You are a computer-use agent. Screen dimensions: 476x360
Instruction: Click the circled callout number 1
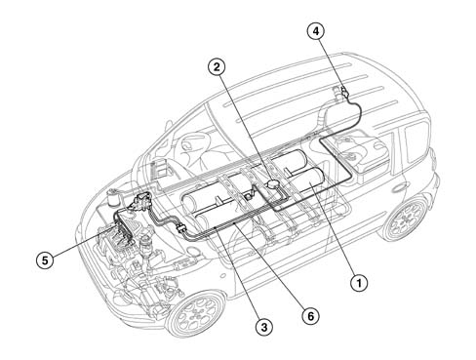[359, 283]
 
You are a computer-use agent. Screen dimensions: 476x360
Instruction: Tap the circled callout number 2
[217, 67]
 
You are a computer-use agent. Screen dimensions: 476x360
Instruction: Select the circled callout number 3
[263, 327]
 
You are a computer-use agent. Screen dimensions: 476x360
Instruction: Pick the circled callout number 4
[316, 31]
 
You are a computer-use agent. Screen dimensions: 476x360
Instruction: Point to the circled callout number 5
[45, 260]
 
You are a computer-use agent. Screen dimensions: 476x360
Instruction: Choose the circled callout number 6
[310, 316]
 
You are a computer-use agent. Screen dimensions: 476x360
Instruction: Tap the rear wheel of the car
[407, 217]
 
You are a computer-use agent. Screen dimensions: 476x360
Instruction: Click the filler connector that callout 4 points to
[344, 92]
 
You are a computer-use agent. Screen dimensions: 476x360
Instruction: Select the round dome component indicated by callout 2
[272, 183]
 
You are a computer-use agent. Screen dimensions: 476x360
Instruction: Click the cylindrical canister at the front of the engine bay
[113, 198]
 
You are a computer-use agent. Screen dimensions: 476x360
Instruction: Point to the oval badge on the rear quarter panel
[399, 188]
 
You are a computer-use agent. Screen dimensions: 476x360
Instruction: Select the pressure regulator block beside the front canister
[141, 201]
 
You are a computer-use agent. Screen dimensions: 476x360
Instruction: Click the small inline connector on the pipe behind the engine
[180, 228]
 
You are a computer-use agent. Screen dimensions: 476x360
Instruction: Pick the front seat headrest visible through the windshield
[190, 143]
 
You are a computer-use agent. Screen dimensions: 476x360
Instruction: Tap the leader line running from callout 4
[331, 63]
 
